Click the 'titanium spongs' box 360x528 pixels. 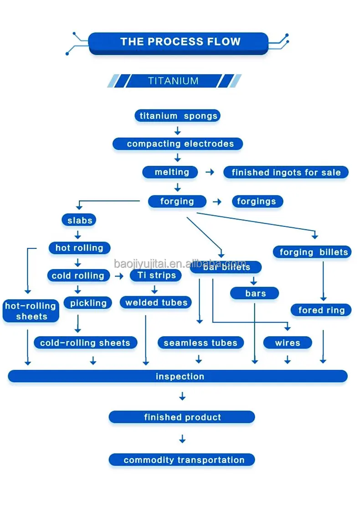[178, 116]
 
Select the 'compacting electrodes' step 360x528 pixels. [178, 144]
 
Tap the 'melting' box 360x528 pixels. [170, 172]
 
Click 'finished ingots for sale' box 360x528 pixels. [286, 173]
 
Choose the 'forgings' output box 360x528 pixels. [257, 201]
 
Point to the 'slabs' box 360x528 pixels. [79, 220]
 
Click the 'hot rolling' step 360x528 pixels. [79, 248]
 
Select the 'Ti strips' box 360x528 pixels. [156, 276]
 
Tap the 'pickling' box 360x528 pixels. [88, 303]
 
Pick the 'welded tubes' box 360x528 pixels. [156, 302]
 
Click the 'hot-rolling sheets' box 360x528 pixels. [31, 311]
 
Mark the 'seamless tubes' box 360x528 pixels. [201, 343]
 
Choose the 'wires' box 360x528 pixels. [288, 343]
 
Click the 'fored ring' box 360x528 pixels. [321, 310]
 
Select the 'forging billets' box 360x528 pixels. [313, 252]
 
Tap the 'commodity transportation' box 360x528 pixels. [182, 460]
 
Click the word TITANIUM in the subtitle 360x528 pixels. [173, 81]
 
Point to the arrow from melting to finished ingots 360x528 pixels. [210, 173]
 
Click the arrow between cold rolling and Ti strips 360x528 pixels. [119, 276]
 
